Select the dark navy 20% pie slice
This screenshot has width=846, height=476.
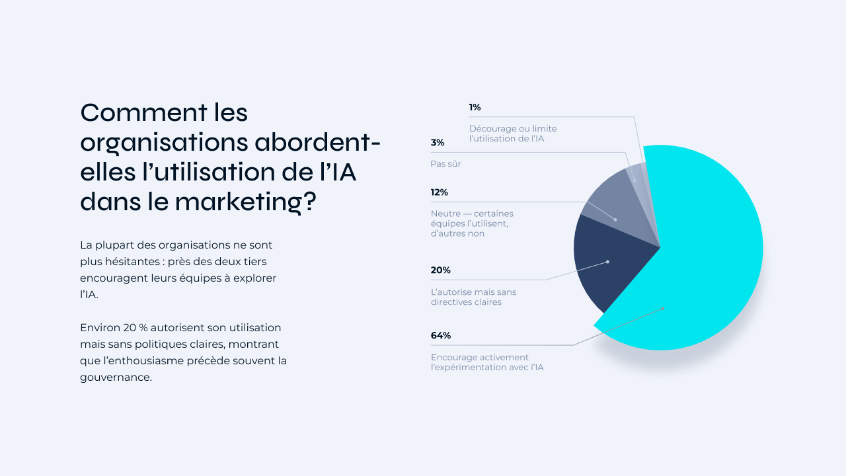pyautogui.click(x=608, y=264)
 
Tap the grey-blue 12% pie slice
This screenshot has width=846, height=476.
pyautogui.click(x=611, y=205)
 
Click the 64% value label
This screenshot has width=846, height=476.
pyautogui.click(x=441, y=335)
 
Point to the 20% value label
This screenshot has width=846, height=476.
pyautogui.click(x=441, y=270)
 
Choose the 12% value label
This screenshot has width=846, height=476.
pyautogui.click(x=440, y=192)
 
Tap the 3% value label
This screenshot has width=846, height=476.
pyautogui.click(x=438, y=142)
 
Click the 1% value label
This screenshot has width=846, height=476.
pyautogui.click(x=475, y=107)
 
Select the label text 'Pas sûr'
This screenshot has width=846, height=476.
pyautogui.click(x=446, y=164)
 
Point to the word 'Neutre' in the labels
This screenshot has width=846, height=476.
pyautogui.click(x=445, y=214)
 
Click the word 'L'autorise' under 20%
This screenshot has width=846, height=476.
pyautogui.click(x=451, y=292)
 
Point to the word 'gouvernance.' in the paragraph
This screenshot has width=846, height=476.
pyautogui.click(x=116, y=378)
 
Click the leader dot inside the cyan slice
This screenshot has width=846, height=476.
pyautogui.click(x=662, y=308)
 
